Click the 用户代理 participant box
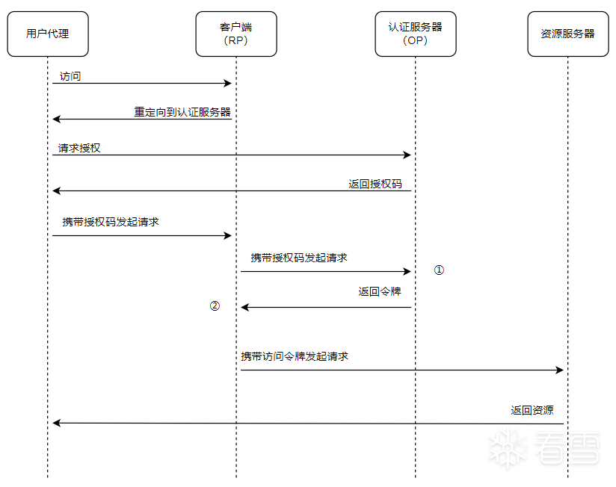pyautogui.click(x=48, y=34)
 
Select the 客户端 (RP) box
pyautogui.click(x=236, y=34)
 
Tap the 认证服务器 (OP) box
pyautogui.click(x=416, y=34)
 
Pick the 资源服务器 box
pyautogui.click(x=568, y=34)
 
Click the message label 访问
pyautogui.click(x=70, y=76)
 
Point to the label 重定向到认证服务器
pyautogui.click(x=182, y=112)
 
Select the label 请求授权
pyautogui.click(x=79, y=148)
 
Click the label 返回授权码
pyautogui.click(x=375, y=184)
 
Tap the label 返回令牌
pyautogui.click(x=380, y=291)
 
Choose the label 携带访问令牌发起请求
pyautogui.click(x=295, y=356)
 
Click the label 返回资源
pyautogui.click(x=532, y=410)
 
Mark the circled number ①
pyautogui.click(x=439, y=270)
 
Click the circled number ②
pyautogui.click(x=215, y=305)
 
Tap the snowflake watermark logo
pyautogui.click(x=508, y=449)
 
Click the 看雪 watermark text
pyautogui.click(x=567, y=447)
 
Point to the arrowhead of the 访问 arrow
pyautogui.click(x=228, y=83)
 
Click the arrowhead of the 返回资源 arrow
pyautogui.click(x=57, y=423)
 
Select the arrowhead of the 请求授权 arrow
pyautogui.click(x=407, y=155)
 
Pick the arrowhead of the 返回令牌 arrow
pyautogui.click(x=244, y=307)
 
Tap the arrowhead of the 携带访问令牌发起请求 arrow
pyautogui.click(x=560, y=370)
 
